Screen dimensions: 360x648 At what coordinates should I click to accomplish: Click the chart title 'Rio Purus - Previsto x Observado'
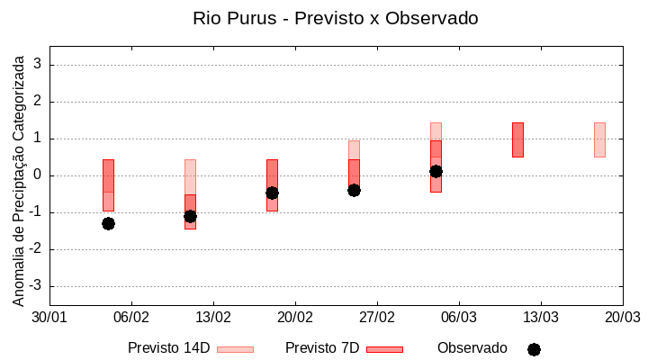click(x=335, y=18)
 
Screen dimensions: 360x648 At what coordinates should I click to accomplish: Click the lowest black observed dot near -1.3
click(x=108, y=223)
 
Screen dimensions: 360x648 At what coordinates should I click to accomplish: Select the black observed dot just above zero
click(x=436, y=171)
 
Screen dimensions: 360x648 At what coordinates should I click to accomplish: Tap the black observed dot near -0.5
click(x=272, y=193)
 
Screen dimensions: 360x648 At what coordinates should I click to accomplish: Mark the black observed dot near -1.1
click(x=190, y=216)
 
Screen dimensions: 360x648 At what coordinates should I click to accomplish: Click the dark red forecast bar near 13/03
click(x=517, y=139)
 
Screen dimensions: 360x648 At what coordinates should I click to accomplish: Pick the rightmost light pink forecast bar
click(x=599, y=139)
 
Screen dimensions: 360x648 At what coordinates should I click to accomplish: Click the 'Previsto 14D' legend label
click(x=168, y=348)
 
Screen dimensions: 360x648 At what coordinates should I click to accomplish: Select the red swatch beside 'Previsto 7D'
click(x=384, y=349)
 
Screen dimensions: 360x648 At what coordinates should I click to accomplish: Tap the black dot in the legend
click(x=534, y=349)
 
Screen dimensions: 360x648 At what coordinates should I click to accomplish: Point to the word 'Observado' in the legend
click(x=472, y=348)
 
